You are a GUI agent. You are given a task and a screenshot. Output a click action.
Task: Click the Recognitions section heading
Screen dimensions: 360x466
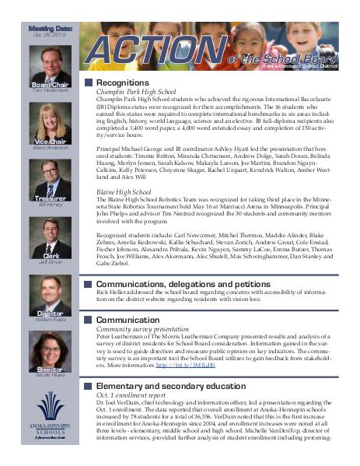[x=122, y=82]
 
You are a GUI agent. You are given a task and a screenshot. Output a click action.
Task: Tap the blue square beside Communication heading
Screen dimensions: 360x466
[x=88, y=319]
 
